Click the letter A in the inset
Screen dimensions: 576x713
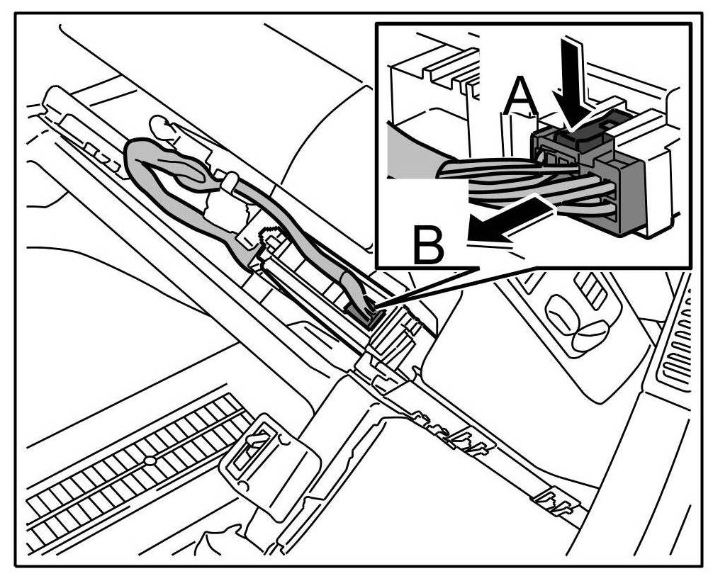tap(521, 96)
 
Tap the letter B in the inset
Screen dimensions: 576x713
tap(429, 244)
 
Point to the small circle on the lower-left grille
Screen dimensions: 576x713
tap(150, 461)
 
